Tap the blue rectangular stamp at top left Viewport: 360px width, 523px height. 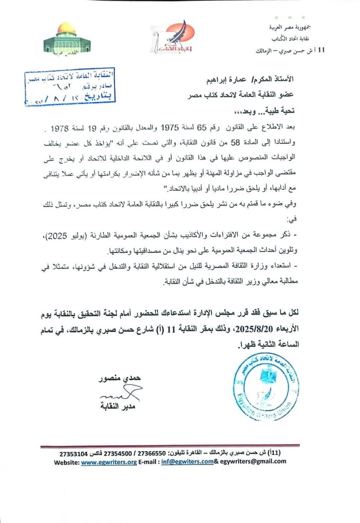pyautogui.click(x=69, y=86)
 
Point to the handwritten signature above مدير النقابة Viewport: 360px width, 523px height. pyautogui.click(x=120, y=394)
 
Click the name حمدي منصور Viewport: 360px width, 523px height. pyautogui.click(x=120, y=378)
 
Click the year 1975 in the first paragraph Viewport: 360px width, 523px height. pyautogui.click(x=170, y=128)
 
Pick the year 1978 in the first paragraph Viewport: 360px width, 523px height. pyautogui.click(x=59, y=129)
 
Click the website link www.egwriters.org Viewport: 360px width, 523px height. pyautogui.click(x=109, y=462)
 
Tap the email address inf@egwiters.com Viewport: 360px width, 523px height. pyautogui.click(x=187, y=462)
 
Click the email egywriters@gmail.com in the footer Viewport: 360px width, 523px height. pyautogui.click(x=253, y=461)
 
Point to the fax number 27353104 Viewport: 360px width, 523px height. pyautogui.click(x=73, y=454)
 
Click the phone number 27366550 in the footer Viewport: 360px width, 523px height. pyautogui.click(x=152, y=454)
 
